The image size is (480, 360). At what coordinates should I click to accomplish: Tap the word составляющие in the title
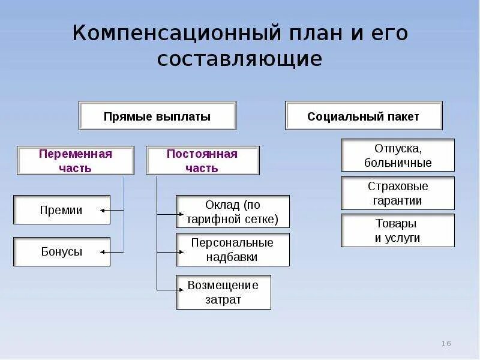(240, 59)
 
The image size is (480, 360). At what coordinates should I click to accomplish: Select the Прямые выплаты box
(157, 116)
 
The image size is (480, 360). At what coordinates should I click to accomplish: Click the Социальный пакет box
(363, 116)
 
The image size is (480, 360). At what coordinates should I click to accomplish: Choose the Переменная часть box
(76, 161)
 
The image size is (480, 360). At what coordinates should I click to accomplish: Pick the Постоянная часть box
(202, 161)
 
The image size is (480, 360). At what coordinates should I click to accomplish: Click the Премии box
(62, 210)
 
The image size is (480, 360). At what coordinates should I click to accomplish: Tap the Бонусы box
(62, 252)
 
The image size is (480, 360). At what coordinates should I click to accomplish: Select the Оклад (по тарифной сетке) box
(232, 212)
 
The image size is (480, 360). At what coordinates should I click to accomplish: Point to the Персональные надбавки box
(232, 250)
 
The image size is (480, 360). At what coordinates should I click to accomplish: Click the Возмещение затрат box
(223, 292)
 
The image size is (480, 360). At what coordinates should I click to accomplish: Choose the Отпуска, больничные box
(397, 155)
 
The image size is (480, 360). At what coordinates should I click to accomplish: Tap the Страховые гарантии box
(397, 193)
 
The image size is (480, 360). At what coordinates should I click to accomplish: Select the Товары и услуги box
(397, 230)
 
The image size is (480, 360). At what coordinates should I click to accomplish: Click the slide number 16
(446, 344)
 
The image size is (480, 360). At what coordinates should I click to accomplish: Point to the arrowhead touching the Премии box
(103, 210)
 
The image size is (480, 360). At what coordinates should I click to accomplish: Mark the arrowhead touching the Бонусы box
(103, 251)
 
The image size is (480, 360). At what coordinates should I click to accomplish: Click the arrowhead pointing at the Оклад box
(178, 213)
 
